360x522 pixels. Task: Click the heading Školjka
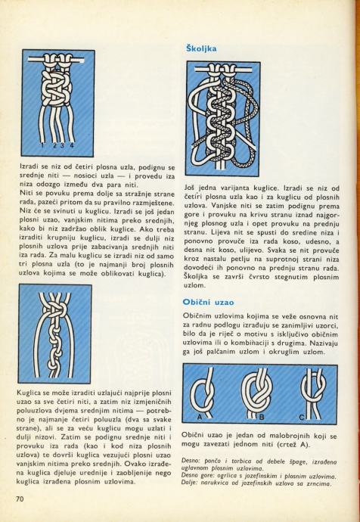[201, 48]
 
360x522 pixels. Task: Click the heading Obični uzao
[208, 303]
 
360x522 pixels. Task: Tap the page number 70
[20, 499]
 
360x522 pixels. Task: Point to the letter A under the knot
[200, 417]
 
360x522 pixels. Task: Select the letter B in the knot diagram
[262, 417]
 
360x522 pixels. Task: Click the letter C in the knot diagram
[302, 417]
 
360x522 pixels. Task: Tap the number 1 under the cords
[42, 145]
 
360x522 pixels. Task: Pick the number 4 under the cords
[72, 145]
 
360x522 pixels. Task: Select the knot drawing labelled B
[257, 392]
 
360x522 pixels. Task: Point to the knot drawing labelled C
[313, 392]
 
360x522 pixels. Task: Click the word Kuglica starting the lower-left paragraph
[27, 393]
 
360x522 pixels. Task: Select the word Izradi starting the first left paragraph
[29, 166]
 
